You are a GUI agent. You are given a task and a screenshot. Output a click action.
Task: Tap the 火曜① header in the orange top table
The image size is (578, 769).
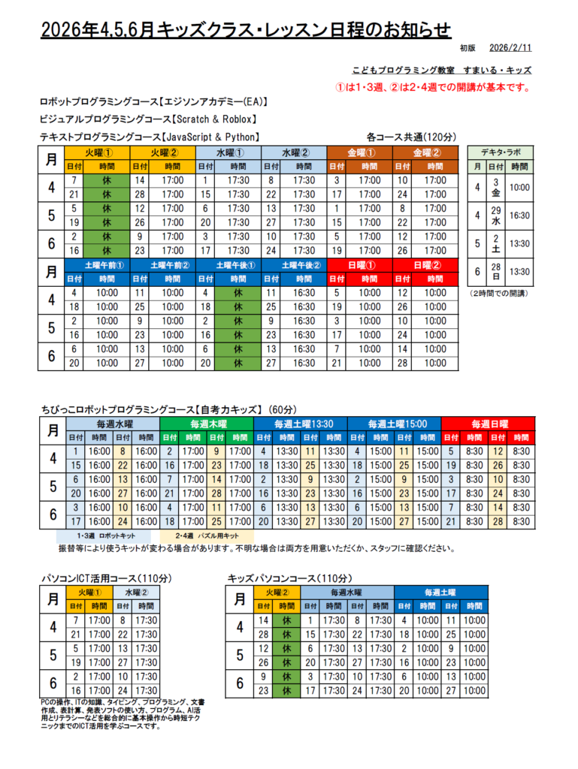97,152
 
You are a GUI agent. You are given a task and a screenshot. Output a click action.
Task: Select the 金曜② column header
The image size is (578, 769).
425,152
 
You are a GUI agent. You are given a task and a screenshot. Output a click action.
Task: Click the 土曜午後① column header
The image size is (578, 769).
228,264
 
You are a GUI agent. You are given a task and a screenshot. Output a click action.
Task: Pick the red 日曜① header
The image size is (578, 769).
360,264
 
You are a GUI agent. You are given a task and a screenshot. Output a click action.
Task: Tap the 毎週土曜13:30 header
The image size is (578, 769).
300,424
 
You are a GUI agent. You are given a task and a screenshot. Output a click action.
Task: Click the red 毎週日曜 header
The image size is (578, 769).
489,424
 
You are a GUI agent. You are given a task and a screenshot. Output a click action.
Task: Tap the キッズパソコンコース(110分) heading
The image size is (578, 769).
289,578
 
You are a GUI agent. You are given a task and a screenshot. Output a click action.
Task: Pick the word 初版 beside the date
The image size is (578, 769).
467,48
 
